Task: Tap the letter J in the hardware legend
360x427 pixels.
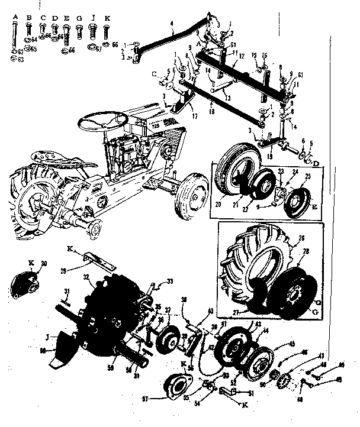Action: pyautogui.click(x=94, y=18)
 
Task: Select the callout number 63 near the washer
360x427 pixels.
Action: pyautogui.click(x=21, y=59)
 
